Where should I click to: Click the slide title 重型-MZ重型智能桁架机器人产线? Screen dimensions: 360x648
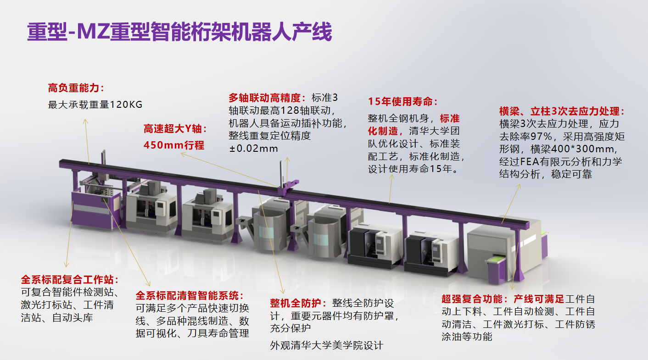179,32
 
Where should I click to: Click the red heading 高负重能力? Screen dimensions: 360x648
76,88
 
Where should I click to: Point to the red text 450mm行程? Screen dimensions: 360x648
174,145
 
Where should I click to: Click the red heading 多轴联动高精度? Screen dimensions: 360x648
267,98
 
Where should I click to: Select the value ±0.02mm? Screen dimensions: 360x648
253,149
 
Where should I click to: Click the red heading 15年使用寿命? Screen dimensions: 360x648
403,102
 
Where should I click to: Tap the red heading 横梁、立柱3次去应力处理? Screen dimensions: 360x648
562,111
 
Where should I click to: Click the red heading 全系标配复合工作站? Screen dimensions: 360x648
70,280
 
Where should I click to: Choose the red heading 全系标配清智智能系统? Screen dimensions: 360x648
190,295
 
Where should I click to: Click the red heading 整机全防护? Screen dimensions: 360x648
299,304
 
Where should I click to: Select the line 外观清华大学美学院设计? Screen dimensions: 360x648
326,345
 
